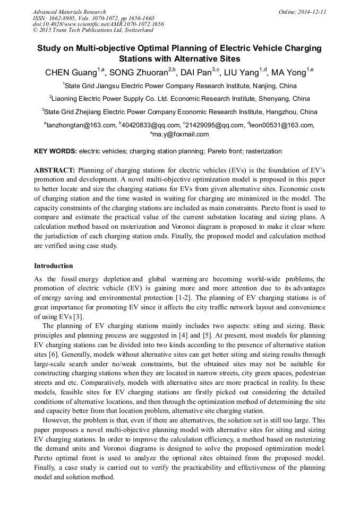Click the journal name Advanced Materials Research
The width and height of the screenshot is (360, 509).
69,12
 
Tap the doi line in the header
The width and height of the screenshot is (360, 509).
98,24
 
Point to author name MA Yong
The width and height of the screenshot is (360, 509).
288,73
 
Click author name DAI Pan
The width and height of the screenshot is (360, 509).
195,73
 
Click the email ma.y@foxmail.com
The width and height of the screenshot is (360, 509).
181,134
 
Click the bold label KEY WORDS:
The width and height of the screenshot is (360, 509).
55,151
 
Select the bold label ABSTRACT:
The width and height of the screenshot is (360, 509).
55,170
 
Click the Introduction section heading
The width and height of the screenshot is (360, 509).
54,265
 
